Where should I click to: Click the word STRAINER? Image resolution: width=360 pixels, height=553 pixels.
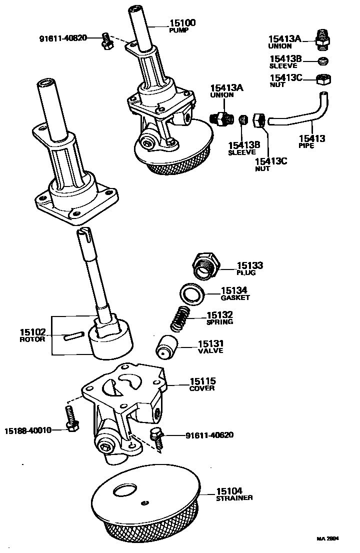point(234,498)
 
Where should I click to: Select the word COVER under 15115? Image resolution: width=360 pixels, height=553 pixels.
point(202,388)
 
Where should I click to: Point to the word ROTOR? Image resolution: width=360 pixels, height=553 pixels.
point(32,339)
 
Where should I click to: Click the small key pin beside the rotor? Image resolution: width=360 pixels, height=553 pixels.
point(72,336)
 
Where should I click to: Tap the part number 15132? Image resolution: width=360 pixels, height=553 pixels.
point(219,315)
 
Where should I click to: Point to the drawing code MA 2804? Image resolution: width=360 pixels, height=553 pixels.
point(327,539)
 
